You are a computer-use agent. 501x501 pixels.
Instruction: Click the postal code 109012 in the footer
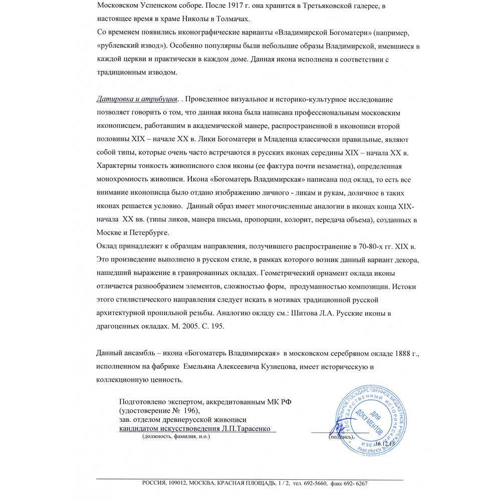coord(176,483)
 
